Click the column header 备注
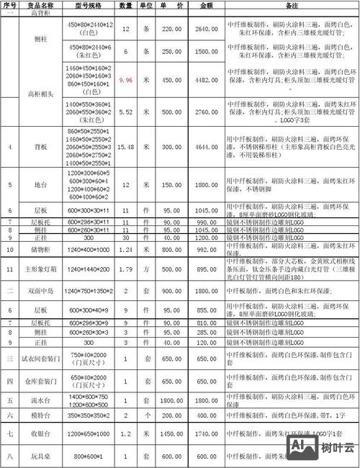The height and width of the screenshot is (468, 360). (292, 4)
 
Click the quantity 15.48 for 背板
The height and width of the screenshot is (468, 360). (126, 147)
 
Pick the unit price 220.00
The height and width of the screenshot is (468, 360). (171, 28)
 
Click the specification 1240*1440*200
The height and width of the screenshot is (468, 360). (88, 270)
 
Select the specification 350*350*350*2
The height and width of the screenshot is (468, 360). (88, 415)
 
